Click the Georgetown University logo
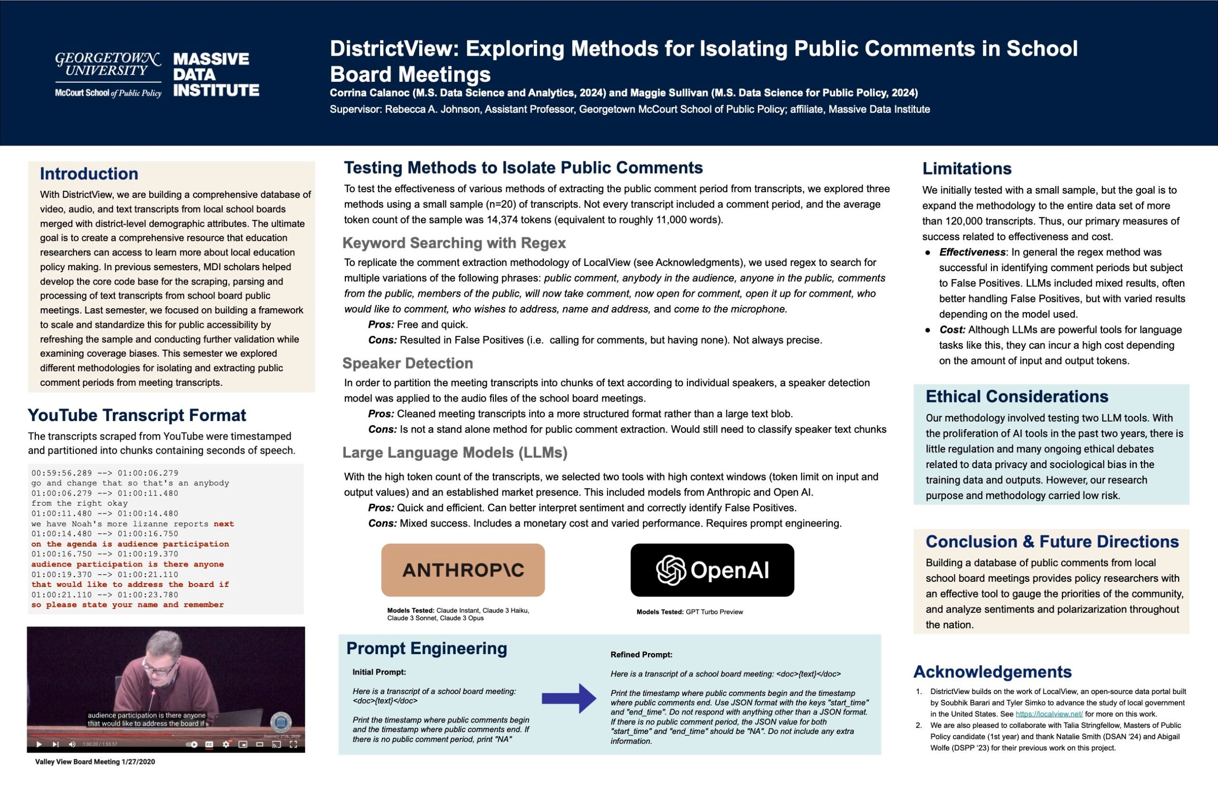click(108, 74)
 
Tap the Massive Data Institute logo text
click(216, 74)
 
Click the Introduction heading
click(89, 174)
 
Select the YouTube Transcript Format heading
click(137, 415)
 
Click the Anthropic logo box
click(462, 570)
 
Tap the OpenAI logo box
click(712, 570)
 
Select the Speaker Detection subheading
click(408, 363)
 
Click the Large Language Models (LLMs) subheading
click(455, 452)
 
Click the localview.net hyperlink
click(1049, 714)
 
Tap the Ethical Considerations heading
click(1017, 396)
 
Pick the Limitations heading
click(966, 168)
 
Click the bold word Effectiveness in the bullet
click(972, 252)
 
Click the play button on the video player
click(39, 744)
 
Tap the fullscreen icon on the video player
click(293, 744)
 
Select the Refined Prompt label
click(641, 655)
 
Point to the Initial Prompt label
click(379, 672)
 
